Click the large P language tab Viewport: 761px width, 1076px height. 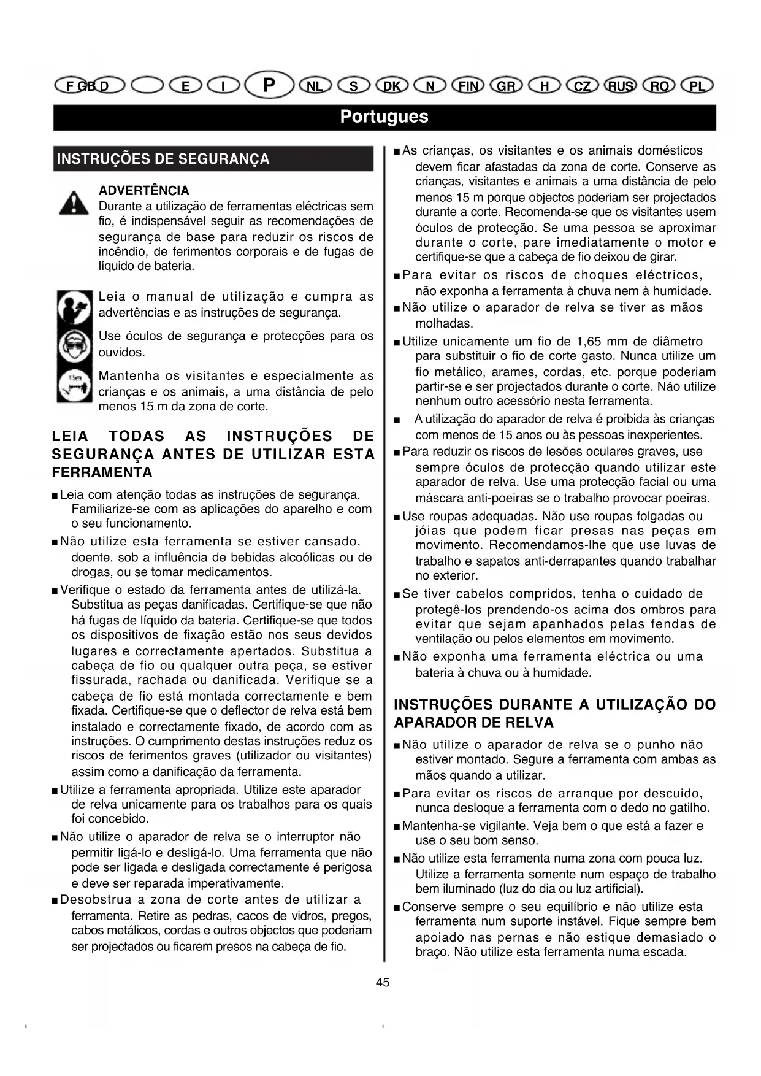coord(269,85)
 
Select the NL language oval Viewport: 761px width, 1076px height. coord(315,86)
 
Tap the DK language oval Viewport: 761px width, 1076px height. coord(392,86)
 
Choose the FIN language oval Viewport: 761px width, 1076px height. coord(468,86)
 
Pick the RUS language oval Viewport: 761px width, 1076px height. coord(620,86)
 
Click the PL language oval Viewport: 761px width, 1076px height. coord(697,86)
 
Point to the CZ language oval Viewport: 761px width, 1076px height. coord(582,86)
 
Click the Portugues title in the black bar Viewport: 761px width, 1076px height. coord(384,117)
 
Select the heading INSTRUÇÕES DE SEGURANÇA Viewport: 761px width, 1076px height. coord(163,159)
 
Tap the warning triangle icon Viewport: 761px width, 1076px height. coord(74,202)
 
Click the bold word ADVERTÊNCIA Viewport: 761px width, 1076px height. coord(144,191)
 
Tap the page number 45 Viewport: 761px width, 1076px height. coord(383,982)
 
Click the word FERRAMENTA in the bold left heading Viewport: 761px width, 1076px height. coord(102,472)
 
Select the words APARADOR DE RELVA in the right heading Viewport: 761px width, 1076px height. coord(473,723)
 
